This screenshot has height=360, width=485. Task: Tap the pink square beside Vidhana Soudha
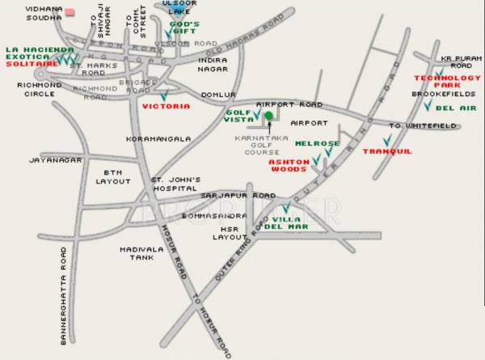(x=70, y=12)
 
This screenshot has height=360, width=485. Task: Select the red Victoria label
(x=166, y=106)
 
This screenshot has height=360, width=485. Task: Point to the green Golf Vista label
(x=238, y=116)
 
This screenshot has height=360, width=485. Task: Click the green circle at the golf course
(x=268, y=116)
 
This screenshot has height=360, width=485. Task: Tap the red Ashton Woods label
(x=288, y=166)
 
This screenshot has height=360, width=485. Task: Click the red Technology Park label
(x=436, y=81)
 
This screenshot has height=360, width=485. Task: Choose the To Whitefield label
(x=424, y=125)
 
